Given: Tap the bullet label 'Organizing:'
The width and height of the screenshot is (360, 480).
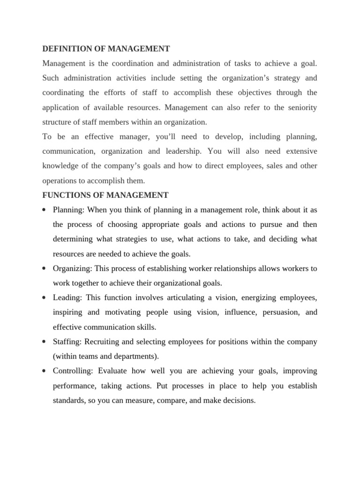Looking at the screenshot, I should (x=73, y=269).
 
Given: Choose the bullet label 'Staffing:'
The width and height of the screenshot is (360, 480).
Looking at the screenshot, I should (x=68, y=342).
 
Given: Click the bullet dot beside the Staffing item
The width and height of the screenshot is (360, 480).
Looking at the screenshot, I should (x=44, y=342).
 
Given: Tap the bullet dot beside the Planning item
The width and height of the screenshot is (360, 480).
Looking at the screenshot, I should (x=44, y=210).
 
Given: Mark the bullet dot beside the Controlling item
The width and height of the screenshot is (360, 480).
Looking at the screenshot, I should (x=44, y=371).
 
